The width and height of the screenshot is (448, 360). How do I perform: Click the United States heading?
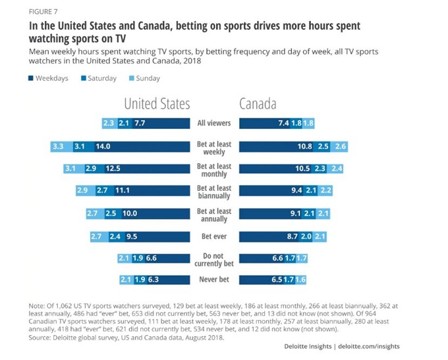pos(157,103)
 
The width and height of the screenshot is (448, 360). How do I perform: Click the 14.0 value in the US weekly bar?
pos(103,147)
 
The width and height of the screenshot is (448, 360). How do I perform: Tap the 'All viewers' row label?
pos(214,123)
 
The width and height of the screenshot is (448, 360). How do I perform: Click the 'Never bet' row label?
pos(214,280)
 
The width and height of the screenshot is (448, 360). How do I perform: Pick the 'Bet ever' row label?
pos(214,236)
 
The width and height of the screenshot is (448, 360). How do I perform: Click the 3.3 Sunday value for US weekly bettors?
pos(58,147)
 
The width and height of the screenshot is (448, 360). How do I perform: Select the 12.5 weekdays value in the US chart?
pos(113,168)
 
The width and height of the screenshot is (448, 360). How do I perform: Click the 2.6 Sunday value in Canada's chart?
pos(341,147)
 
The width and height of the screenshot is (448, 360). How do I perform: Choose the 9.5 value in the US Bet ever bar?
pos(130,236)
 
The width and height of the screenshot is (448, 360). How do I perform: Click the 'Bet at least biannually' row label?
pos(214,191)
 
